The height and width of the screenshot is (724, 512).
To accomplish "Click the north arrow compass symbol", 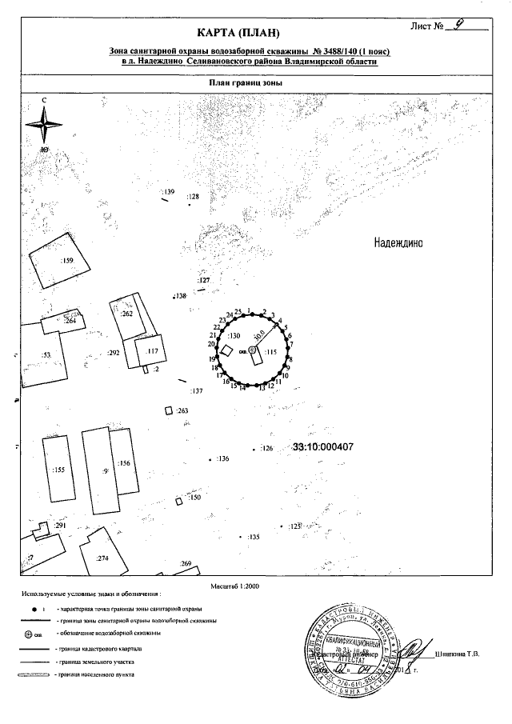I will coord(45,124).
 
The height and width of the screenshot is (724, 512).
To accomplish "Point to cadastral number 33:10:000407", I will coord(324,447).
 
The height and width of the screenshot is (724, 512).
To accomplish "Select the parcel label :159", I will coord(68,261).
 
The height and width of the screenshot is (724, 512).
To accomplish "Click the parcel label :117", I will coord(154,350).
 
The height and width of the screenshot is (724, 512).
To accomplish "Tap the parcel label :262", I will coord(126,314).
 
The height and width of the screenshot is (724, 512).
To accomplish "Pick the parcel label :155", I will coord(58,470).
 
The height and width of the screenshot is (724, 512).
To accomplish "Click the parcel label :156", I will coord(123,463).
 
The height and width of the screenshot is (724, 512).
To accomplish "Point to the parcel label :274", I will coord(102,558).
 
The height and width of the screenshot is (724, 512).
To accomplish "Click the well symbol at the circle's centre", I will coord(252,350).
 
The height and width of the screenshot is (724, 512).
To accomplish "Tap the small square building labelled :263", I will coord(168,410).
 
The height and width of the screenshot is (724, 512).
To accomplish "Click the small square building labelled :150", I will coord(179,502).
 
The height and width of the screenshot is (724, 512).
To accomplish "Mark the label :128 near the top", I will coord(192,196).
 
